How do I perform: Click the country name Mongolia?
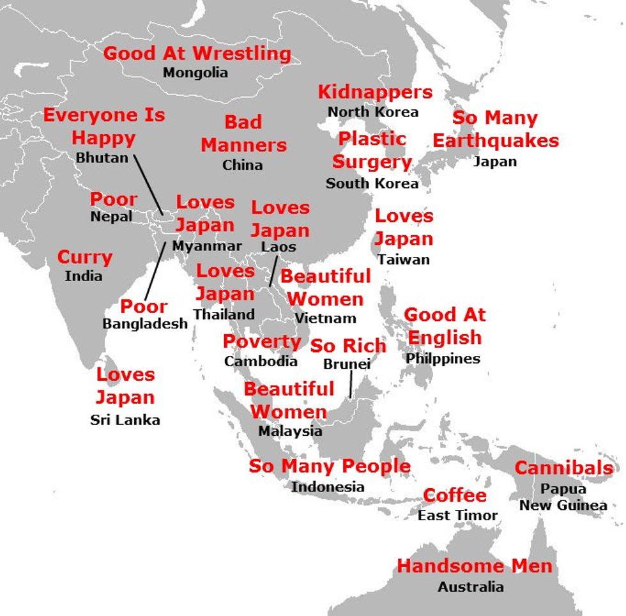coord(195,72)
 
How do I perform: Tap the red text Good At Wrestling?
coord(197,53)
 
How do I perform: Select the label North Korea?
coord(373,112)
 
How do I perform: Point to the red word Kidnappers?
coord(375,92)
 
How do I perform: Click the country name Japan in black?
coord(495,161)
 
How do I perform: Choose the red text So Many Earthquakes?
coord(495,129)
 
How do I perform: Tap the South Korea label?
coord(372,183)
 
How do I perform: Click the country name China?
coord(242,165)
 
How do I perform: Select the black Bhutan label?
coord(102,157)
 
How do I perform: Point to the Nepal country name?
coord(111,217)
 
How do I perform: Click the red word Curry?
coord(84,258)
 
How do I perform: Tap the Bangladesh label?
coord(145,323)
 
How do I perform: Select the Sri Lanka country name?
coord(125,420)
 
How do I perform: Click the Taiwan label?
coord(403,259)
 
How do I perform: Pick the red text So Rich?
coord(348,346)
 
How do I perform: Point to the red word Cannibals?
coord(563,468)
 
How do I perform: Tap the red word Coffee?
coord(455,496)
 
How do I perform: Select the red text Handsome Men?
coord(474,566)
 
